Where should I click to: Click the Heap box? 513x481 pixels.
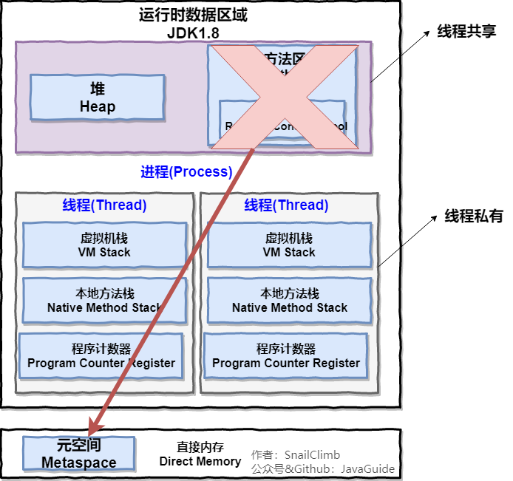tap(97, 98)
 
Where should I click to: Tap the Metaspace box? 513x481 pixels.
tap(78, 454)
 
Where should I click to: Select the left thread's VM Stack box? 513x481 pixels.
tap(104, 245)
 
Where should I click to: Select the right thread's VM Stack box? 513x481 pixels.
tap(289, 245)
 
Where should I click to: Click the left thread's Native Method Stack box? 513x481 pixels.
tap(104, 301)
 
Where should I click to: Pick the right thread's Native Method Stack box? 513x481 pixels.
tap(289, 301)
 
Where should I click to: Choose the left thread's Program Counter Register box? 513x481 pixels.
tap(101, 356)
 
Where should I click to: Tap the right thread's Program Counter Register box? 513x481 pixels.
tap(286, 356)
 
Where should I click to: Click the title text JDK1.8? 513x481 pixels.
tap(193, 33)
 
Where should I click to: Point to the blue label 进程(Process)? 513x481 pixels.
tap(186, 172)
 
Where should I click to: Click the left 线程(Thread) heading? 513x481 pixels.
tap(104, 205)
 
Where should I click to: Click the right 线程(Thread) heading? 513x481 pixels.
tap(286, 205)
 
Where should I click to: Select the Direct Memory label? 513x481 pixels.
tap(200, 461)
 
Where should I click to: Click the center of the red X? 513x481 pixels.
tap(284, 96)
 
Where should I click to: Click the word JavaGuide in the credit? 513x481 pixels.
tap(367, 468)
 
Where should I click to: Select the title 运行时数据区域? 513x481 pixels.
tap(193, 15)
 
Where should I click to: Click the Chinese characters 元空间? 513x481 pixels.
tap(78, 446)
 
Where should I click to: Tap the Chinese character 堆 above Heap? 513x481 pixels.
tap(97, 89)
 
